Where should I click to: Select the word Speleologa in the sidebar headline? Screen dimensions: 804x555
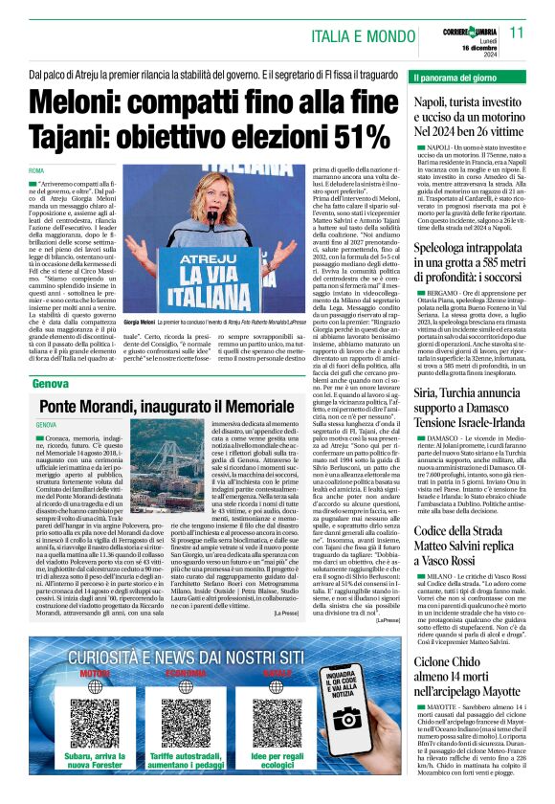point(454,248)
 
